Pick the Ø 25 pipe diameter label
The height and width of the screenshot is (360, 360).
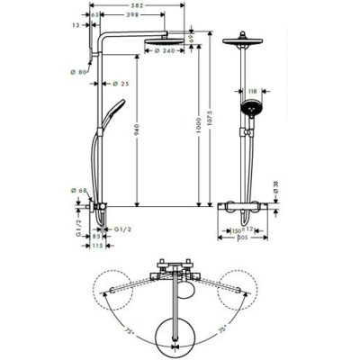[x=120, y=84]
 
